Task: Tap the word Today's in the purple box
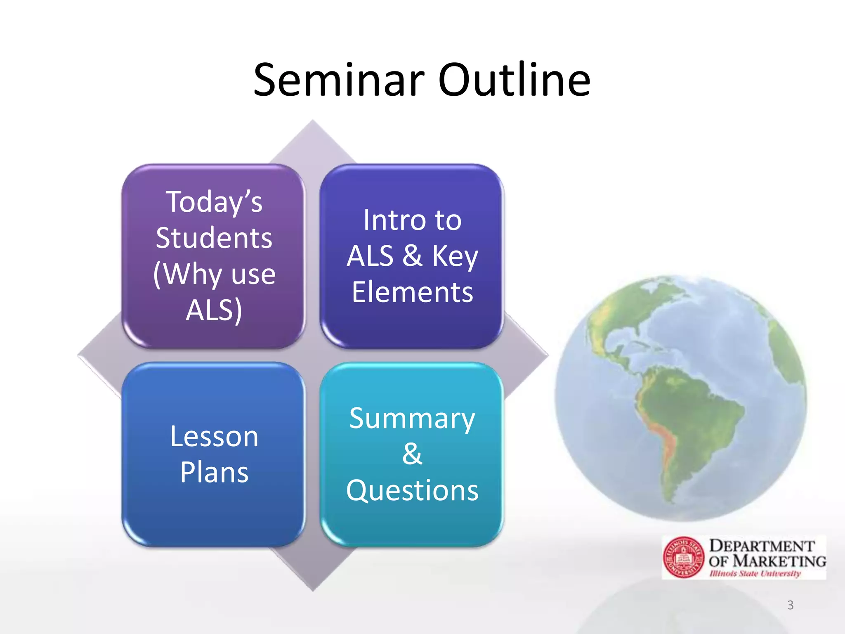point(214,202)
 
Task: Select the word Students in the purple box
point(214,238)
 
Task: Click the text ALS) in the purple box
point(214,310)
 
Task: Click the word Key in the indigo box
point(455,256)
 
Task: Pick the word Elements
point(412,292)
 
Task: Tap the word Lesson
point(214,436)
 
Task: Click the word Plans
point(214,472)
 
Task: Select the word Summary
point(412,419)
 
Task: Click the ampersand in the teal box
point(412,454)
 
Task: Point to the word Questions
point(412,490)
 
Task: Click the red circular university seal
point(684,557)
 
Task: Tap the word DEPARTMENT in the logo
point(762,546)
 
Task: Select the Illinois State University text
point(755,574)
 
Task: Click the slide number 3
point(790,605)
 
